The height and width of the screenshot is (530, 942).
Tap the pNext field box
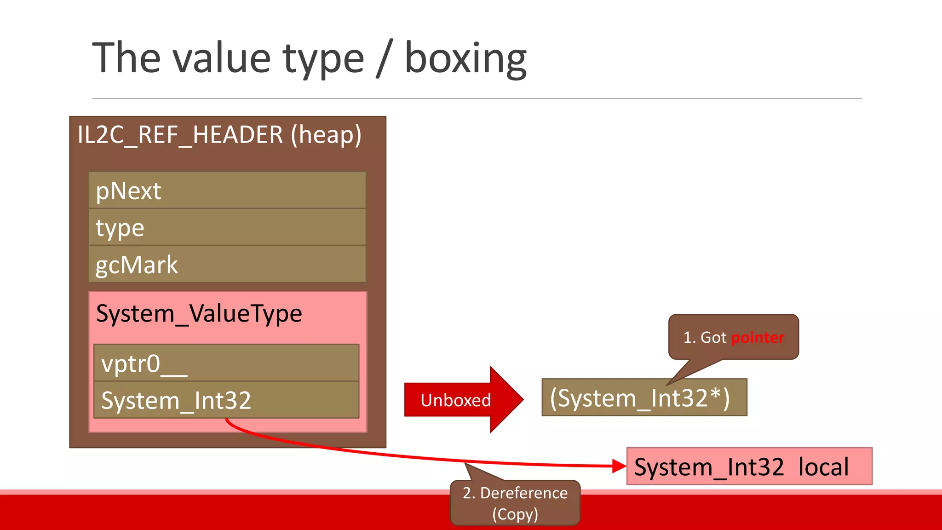pos(227,190)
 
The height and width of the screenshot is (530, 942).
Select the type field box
pos(227,227)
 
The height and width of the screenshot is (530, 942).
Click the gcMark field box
pos(227,265)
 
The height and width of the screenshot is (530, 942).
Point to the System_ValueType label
pos(199,314)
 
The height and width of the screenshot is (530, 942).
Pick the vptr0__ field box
pos(226,363)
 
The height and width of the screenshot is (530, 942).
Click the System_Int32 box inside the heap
pos(226,400)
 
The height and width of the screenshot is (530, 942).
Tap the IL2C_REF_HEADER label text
pos(180,135)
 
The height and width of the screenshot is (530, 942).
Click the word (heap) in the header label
pos(326,135)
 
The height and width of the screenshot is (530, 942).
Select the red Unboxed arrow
pos(460,400)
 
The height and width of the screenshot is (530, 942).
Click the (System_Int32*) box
pos(644,398)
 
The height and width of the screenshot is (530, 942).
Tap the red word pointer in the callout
pos(758,338)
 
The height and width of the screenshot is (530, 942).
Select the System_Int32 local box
pos(749,467)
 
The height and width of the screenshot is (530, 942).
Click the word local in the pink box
pos(823,467)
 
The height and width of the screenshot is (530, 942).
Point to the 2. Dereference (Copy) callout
pos(515,502)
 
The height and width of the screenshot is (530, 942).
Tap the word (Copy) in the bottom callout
pos(515,514)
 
